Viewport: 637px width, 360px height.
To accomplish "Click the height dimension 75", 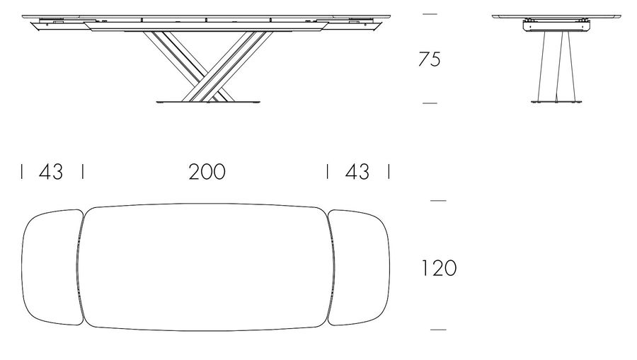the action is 430,59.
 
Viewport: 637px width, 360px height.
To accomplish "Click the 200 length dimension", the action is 207,172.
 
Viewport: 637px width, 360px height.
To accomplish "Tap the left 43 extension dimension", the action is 51,172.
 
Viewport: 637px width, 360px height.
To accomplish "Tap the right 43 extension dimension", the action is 357,172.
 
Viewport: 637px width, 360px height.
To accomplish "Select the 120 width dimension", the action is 439,268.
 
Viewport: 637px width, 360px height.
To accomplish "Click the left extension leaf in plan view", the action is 52,267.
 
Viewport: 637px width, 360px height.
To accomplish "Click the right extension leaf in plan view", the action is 359,267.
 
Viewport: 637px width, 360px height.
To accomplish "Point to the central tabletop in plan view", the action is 206,267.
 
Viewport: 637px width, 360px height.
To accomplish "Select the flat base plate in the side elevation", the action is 208,101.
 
